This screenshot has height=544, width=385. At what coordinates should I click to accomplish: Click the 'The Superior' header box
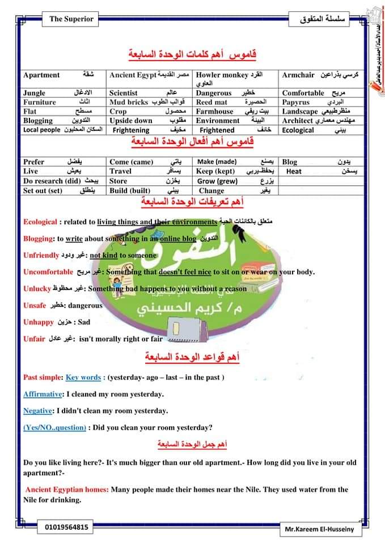point(71,19)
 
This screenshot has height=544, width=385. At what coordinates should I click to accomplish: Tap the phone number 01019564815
point(66,527)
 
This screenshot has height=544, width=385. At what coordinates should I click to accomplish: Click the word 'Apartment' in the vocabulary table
point(41,75)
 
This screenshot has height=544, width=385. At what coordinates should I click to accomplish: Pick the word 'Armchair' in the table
point(298,75)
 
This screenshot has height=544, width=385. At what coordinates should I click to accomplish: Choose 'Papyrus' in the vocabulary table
point(296,102)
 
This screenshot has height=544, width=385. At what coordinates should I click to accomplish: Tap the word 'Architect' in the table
point(297,121)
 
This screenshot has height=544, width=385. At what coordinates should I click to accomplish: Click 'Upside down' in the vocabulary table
point(131,121)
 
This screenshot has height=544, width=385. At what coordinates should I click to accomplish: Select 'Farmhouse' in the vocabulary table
point(215,112)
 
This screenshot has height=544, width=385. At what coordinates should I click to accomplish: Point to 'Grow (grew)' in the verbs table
point(217,181)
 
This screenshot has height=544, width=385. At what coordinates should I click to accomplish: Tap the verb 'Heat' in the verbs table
point(294,171)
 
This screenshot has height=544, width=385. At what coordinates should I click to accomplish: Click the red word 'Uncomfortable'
point(48,271)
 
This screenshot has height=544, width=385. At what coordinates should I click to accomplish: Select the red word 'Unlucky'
point(37,288)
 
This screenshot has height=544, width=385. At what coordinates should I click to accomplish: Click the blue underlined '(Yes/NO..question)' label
point(55,427)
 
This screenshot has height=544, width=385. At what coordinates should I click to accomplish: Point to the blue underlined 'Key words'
point(83,377)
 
